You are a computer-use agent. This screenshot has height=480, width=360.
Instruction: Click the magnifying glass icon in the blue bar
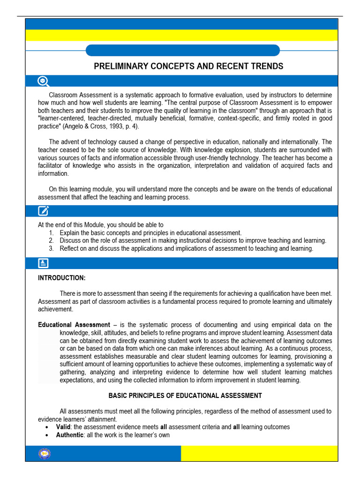pos(43,81)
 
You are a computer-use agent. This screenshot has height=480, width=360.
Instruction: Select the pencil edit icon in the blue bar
pos(43,210)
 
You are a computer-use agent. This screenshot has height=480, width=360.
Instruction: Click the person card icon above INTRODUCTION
pos(43,263)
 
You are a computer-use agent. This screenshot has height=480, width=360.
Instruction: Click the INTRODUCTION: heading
pos(61,278)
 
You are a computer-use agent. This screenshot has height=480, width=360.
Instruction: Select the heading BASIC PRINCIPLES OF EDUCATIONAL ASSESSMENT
pos(185,396)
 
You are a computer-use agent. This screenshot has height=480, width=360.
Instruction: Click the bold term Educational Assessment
pos(74,325)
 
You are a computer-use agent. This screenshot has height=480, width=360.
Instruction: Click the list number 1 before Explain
pos(51,232)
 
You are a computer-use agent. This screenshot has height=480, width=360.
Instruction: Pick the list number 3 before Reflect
pos(51,248)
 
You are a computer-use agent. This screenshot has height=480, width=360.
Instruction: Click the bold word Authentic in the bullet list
pos(70,435)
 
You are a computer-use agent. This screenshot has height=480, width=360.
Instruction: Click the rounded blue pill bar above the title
pos(183,50)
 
